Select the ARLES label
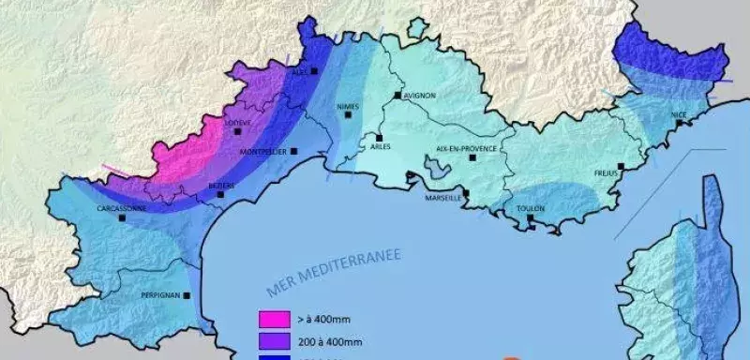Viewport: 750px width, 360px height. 381,146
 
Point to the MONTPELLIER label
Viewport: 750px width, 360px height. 262,152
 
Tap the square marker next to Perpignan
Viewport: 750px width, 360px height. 187,295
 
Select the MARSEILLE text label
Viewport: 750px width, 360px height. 443,198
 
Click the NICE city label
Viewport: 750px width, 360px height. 680,115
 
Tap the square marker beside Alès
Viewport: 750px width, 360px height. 316,70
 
